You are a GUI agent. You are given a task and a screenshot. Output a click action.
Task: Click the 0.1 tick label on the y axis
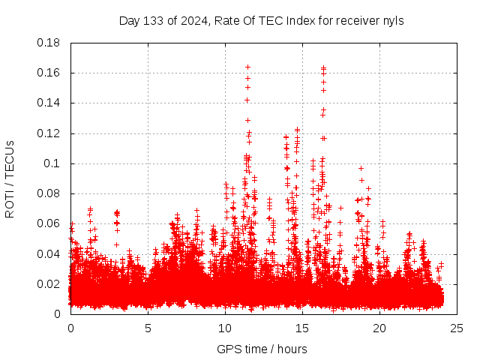pos(54,163)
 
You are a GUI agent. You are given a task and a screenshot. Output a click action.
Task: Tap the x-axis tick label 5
pos(148,328)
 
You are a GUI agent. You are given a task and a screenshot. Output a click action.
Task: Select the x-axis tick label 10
pos(225,328)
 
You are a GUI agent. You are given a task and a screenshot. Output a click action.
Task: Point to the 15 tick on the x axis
pos(302,328)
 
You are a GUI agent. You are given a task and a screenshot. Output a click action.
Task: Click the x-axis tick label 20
pos(379,328)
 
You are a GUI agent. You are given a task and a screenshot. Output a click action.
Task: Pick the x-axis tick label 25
pos(457,328)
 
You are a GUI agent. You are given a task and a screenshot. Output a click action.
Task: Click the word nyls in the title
pos(393,20)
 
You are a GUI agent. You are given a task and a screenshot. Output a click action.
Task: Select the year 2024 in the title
pos(190,20)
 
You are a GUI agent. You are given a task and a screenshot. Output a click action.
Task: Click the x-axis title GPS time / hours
pos(262,349)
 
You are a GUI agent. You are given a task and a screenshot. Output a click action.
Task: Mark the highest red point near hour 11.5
pos(247,67)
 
